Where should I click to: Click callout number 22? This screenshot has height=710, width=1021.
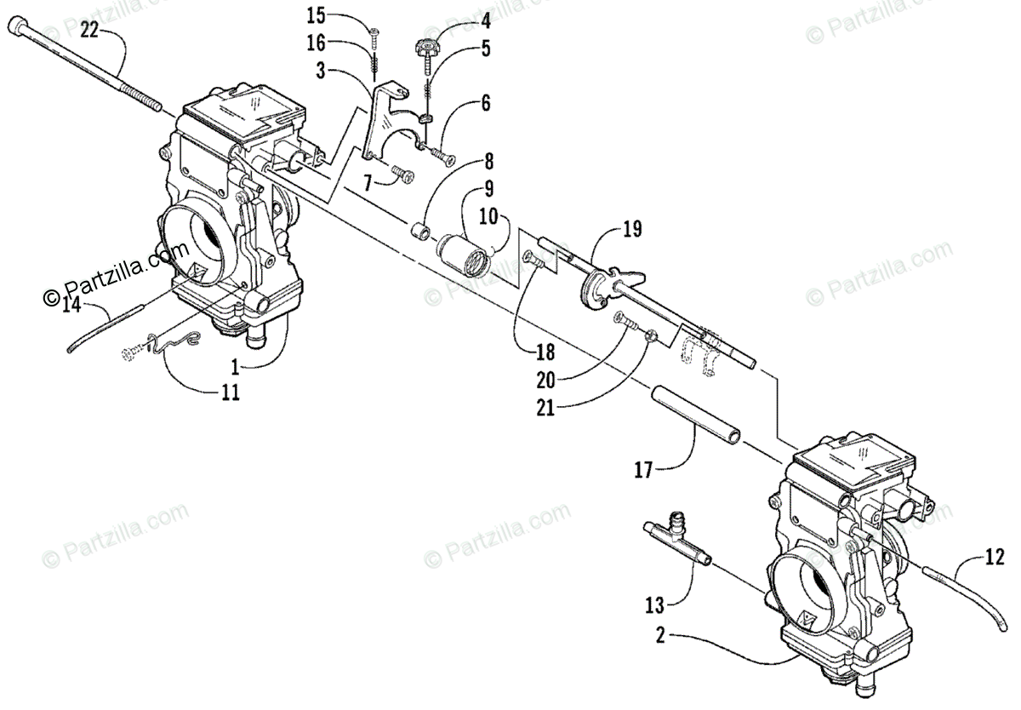click(x=89, y=31)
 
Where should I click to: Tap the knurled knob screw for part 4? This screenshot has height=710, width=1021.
click(x=426, y=51)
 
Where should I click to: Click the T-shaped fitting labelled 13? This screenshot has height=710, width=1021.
click(x=676, y=535)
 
